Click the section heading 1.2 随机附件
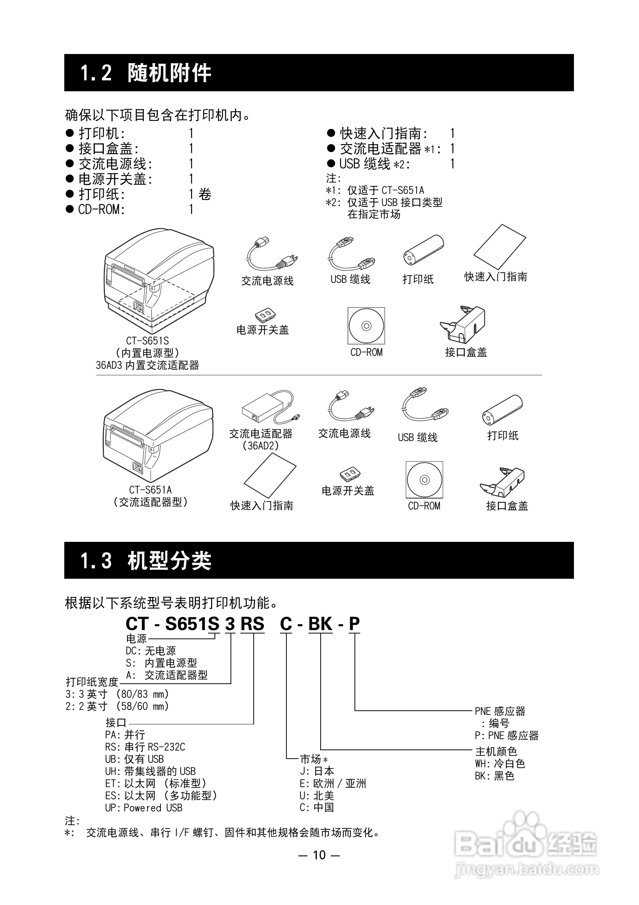(146, 73)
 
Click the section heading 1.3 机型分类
(146, 560)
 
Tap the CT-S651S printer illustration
(159, 281)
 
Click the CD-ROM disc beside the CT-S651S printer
(366, 325)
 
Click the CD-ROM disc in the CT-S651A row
(424, 480)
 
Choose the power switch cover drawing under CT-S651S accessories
(265, 314)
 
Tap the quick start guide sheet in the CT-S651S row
(499, 246)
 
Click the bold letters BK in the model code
(320, 624)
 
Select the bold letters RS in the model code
(252, 624)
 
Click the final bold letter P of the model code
(354, 624)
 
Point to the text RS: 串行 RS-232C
(145, 747)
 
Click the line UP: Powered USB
(143, 808)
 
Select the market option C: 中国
(316, 808)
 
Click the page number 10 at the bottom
(319, 855)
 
